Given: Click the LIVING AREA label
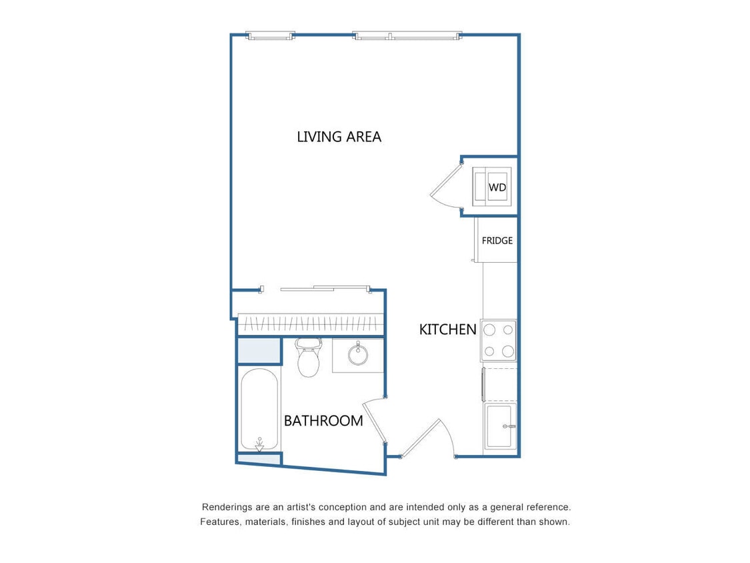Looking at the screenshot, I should coord(339,137).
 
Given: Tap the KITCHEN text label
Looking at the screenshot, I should coord(447,330).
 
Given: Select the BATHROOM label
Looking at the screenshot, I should coord(323,421).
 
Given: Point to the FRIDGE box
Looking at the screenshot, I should coord(497,240).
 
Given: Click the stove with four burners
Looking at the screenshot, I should coord(499,340).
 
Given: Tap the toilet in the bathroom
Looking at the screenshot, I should coord(308,358).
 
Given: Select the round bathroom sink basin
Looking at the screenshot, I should coord(358,354).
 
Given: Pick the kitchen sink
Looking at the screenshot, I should coord(499,426).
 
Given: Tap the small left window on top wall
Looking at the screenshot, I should coord(270,35).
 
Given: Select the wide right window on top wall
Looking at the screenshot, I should coord(407,35).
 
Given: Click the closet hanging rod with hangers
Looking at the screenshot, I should coord(311,325).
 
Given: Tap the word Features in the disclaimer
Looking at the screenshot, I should coord(221,522).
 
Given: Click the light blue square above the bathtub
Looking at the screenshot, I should coord(259,351).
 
